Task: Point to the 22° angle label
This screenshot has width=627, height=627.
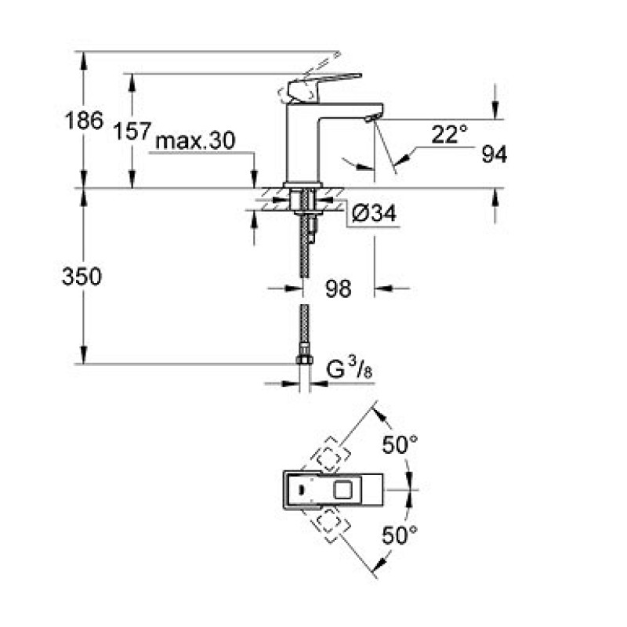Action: tap(448, 135)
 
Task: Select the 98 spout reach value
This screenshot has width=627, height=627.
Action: tap(339, 288)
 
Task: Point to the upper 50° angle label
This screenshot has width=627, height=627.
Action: tap(400, 446)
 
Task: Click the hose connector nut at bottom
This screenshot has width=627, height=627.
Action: tap(303, 361)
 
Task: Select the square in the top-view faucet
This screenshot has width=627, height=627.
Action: tap(343, 491)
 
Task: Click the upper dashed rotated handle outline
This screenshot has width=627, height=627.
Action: tap(328, 454)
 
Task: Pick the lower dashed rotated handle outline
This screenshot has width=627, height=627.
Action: tap(328, 524)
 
